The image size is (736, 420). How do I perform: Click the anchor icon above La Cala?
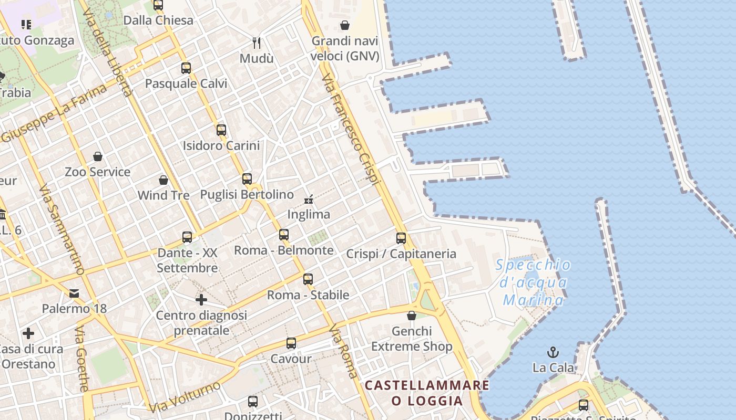pos(553,352)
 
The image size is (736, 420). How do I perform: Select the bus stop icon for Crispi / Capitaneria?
pos(401,238)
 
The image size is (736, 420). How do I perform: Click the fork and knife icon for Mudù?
pos(257,43)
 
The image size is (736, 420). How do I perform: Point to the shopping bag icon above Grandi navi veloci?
pos(345,25)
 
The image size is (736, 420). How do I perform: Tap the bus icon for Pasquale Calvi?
pos(186,68)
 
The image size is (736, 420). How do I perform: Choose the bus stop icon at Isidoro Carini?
pos(221,130)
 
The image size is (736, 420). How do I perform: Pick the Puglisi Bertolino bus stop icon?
pos(247,178)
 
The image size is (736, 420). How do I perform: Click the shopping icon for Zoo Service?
pos(98,156)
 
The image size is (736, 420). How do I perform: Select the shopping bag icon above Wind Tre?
pos(163,180)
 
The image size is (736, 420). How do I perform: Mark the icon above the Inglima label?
pos(309,199)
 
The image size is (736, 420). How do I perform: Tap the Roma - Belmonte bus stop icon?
pos(284,234)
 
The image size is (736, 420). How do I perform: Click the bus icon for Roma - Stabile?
pos(308,279)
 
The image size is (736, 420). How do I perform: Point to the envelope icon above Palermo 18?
pos(74,293)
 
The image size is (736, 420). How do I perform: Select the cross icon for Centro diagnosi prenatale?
pos(201,300)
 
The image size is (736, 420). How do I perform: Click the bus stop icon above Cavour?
pos(291,343)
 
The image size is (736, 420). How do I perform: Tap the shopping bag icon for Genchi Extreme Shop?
pos(412,316)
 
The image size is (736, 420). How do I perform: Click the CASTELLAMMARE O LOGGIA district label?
pos(427,393)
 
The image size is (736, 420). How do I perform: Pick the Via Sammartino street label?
pos(62,229)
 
